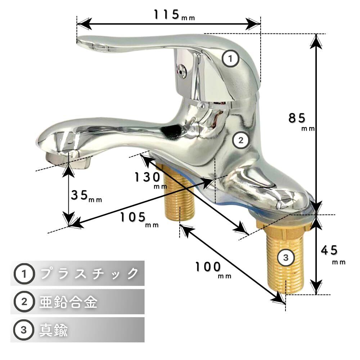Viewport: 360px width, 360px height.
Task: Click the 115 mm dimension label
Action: click(x=174, y=15)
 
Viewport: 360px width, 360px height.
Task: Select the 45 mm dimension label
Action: click(x=333, y=255)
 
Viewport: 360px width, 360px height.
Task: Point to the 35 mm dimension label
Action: click(x=86, y=196)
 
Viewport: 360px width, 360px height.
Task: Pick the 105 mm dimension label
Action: click(x=139, y=220)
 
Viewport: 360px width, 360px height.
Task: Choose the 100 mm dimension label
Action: click(x=213, y=270)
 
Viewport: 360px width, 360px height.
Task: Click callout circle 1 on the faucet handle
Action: click(x=230, y=59)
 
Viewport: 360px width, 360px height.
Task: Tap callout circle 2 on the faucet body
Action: click(x=240, y=140)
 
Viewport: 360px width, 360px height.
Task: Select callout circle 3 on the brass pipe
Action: click(x=285, y=257)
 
